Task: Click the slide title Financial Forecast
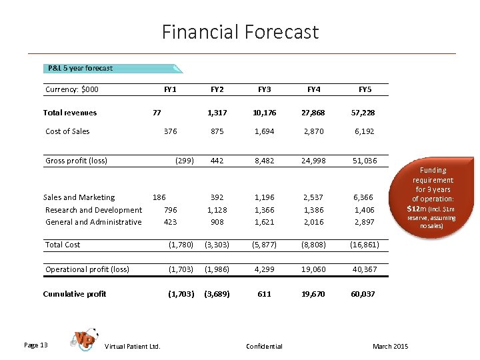pos(240,32)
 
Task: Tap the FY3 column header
pos(264,89)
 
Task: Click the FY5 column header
pos(365,89)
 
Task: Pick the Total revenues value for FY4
pos(313,113)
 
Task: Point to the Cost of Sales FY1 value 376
pos(171,131)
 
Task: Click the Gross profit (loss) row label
pos(76,161)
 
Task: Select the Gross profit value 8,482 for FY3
pos(264,161)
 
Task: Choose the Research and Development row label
pos(93,210)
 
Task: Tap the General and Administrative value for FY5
pos(365,222)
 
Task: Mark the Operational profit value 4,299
pos(264,269)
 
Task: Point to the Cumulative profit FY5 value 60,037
pos(365,294)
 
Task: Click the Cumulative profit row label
pos(74,294)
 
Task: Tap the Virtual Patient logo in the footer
pos(85,339)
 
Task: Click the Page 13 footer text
pos(35,345)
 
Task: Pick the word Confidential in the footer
pos(264,346)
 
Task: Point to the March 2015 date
pos(391,346)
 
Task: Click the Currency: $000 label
pos(72,89)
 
